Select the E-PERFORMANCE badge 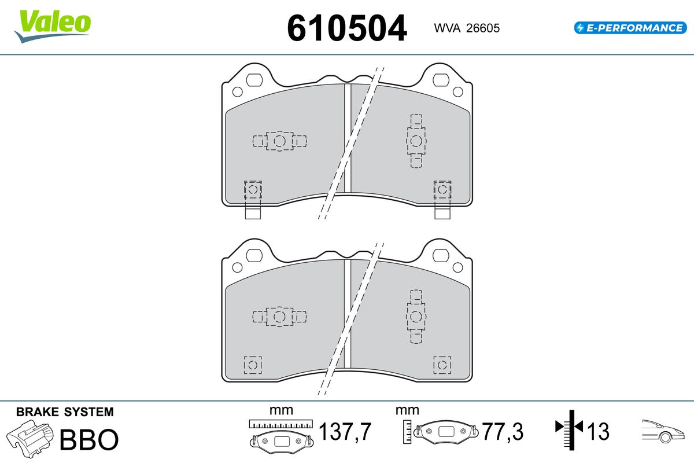(629, 27)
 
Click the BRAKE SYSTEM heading (65, 412)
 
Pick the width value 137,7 (345, 432)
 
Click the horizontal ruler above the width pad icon (280, 424)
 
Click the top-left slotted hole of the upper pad (254, 79)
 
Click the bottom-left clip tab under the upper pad (253, 212)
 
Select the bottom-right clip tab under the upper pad (442, 212)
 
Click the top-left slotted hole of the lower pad (254, 254)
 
